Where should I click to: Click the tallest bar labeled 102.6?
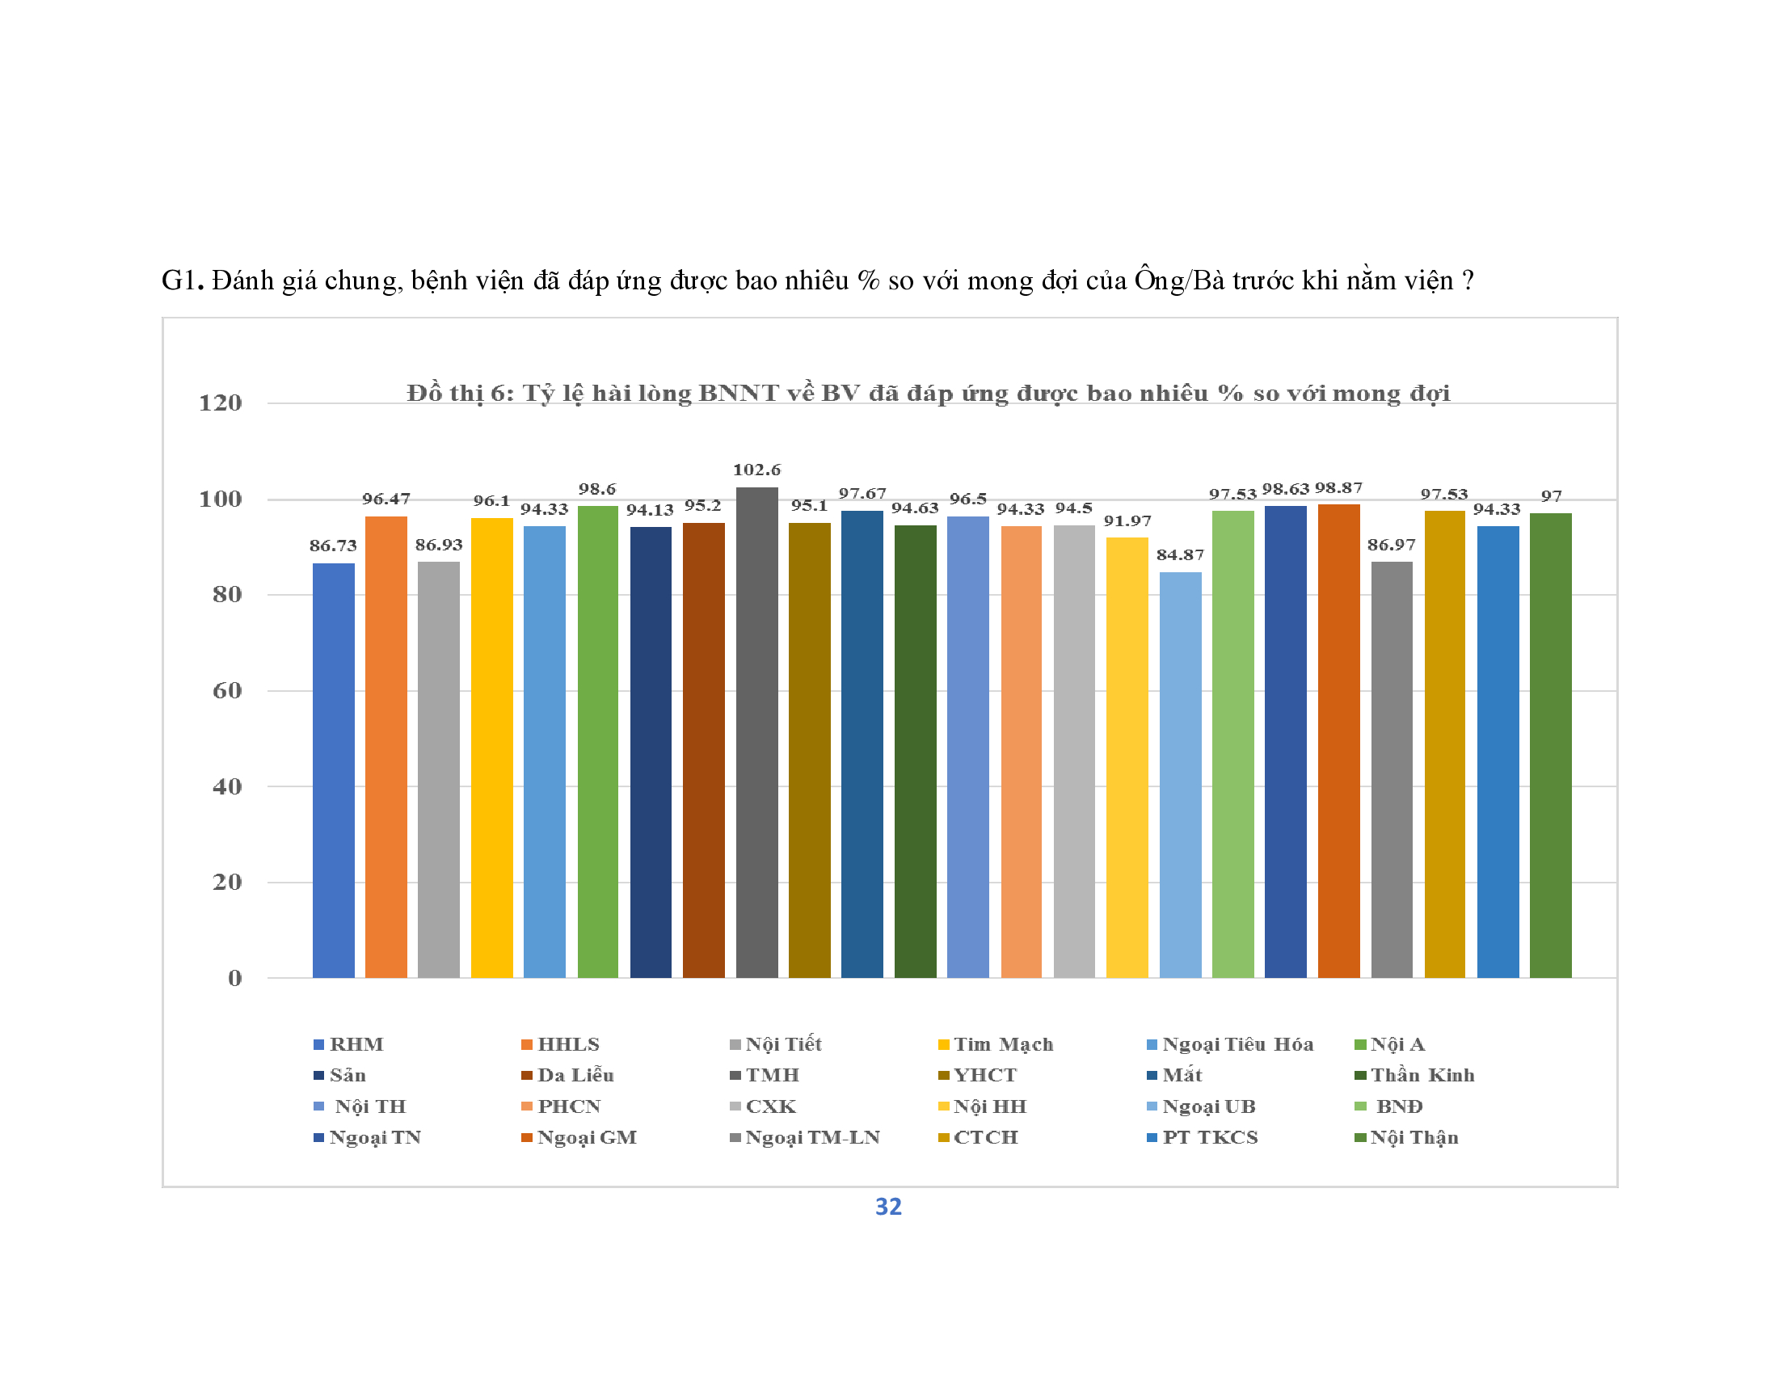756,732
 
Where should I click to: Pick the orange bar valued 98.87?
1338,740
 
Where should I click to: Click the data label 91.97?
1127,521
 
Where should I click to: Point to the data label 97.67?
862,494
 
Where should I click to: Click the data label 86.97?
1392,545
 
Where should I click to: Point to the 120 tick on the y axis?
221,403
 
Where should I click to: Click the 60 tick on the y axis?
227,691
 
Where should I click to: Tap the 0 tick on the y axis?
234,979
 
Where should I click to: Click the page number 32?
888,1207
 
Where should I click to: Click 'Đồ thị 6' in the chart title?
460,394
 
